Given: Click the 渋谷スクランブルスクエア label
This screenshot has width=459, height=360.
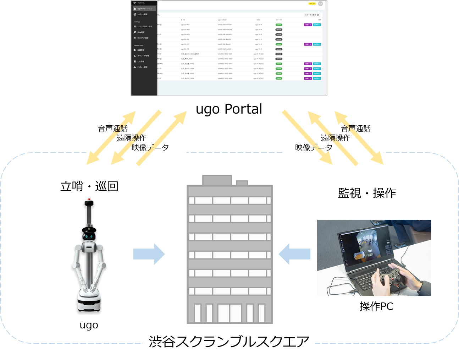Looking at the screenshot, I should click(x=229, y=342).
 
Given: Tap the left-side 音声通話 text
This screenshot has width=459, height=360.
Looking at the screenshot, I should click(x=113, y=129).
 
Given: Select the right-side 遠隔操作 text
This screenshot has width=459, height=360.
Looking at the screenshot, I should click(x=335, y=138).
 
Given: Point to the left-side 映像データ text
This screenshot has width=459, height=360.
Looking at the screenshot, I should click(x=150, y=147).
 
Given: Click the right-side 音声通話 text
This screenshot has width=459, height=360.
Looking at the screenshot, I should click(x=355, y=129).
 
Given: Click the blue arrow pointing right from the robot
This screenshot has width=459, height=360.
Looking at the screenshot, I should click(x=149, y=254).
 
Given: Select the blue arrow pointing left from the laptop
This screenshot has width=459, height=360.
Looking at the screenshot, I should click(x=294, y=254).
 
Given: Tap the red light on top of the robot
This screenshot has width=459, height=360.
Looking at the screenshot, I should click(x=89, y=199).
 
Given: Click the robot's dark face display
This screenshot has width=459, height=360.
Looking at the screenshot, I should click(x=89, y=236).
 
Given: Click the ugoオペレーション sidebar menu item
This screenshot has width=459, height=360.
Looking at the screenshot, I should click(x=144, y=9).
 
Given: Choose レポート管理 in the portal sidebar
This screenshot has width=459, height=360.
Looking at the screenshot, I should click(x=142, y=14).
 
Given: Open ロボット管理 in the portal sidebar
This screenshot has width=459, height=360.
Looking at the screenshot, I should click(x=142, y=67).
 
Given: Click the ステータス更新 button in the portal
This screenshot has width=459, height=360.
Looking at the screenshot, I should click(x=312, y=15).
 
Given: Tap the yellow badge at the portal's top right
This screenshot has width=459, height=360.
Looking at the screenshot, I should click(x=312, y=4).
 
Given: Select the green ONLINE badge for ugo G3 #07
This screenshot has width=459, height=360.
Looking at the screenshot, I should click(x=279, y=25).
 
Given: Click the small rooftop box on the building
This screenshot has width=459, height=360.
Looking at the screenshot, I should click(x=242, y=182).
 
